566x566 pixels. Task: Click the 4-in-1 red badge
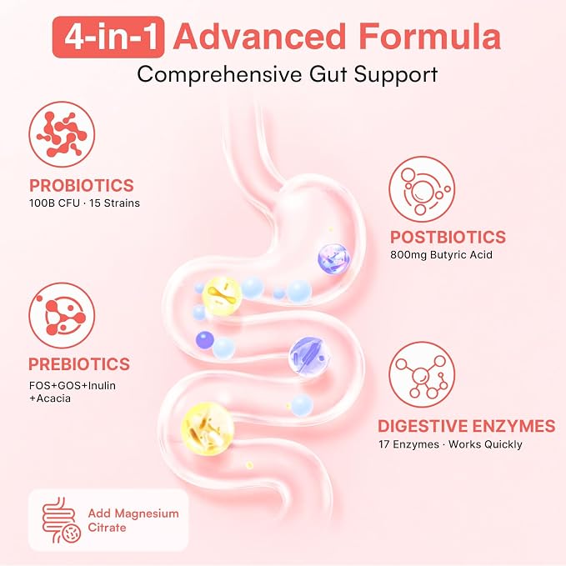[x=108, y=37]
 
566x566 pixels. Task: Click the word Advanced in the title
[x=259, y=36]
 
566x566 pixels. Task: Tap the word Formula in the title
[x=429, y=36]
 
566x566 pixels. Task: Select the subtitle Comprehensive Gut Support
[x=288, y=74]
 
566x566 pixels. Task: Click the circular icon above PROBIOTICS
[x=62, y=134]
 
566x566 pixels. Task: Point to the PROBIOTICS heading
[x=82, y=186]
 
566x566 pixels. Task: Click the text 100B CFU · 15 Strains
[x=84, y=203]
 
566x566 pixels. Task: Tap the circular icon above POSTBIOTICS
[x=422, y=188]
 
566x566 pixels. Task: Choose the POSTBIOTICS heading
[x=448, y=238]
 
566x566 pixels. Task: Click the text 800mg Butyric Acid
[x=441, y=255]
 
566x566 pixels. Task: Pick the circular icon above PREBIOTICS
[x=62, y=315]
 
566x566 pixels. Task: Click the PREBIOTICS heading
[x=79, y=363]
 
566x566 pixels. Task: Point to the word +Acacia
[x=50, y=398]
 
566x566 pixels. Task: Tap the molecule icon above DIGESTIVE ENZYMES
[x=422, y=374]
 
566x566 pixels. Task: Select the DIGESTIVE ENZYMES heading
[x=466, y=426]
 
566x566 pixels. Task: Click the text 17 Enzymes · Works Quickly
[x=450, y=444]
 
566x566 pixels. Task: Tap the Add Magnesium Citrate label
[x=133, y=520]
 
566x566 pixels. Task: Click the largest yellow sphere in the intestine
[x=208, y=428]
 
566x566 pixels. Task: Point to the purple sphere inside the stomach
[x=334, y=258]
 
